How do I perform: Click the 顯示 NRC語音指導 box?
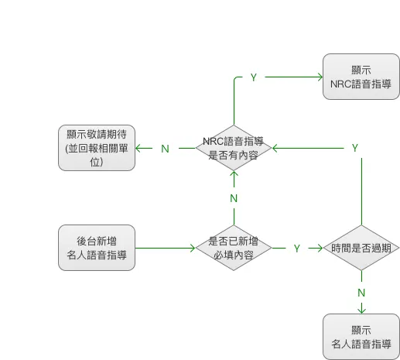[x=361, y=77]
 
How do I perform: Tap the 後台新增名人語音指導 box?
[x=97, y=248]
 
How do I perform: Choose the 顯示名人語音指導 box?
[x=361, y=336]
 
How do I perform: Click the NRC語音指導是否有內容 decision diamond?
[x=234, y=148]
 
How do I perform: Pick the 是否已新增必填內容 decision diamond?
[x=233, y=248]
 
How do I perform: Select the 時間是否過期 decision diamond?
[x=361, y=248]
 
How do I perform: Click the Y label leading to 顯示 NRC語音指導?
[x=254, y=77]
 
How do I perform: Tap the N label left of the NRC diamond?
[x=165, y=149]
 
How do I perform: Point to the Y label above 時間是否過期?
[x=355, y=148]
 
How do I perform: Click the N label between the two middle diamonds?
[x=234, y=199]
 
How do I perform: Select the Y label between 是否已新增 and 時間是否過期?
[x=296, y=249]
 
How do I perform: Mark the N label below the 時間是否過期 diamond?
[x=361, y=293]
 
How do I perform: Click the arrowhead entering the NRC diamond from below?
[x=234, y=174]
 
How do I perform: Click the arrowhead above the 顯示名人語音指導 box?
[x=361, y=310]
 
